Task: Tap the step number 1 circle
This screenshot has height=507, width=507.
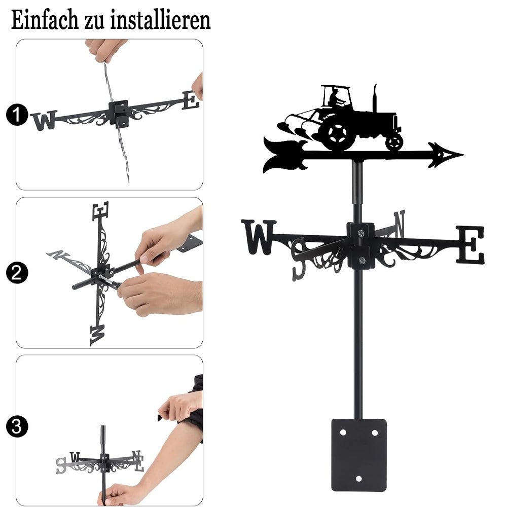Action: (17, 115)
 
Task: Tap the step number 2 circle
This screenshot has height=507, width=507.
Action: (17, 273)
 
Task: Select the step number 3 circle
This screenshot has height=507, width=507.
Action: (17, 426)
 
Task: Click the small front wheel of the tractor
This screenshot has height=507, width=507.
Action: (394, 142)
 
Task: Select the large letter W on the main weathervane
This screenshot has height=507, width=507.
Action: (259, 237)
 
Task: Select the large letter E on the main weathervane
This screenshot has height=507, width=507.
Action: (470, 245)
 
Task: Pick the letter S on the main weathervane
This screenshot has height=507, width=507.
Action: (299, 259)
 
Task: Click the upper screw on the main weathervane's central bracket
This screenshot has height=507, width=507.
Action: (361, 233)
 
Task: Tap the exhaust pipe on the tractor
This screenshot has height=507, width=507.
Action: (375, 98)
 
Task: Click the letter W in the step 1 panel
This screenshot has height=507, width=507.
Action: (44, 120)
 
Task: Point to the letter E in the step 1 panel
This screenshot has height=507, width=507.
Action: (191, 100)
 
